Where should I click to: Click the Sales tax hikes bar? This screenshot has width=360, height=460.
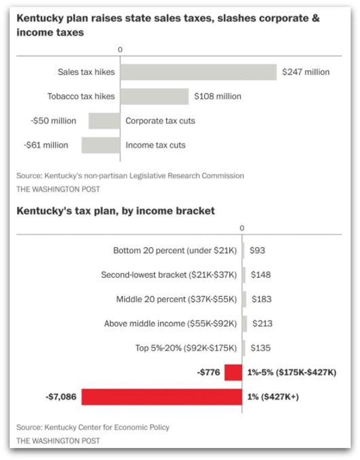(x=198, y=72)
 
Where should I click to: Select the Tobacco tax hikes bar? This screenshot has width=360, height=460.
(x=154, y=96)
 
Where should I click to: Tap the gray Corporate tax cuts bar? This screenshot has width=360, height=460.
(x=104, y=121)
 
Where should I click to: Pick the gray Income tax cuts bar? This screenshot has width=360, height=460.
(x=101, y=145)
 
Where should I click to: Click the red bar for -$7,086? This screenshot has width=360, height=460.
(x=162, y=397)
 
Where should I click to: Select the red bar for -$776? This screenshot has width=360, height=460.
(x=233, y=372)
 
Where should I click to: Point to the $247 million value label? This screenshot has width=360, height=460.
(x=306, y=72)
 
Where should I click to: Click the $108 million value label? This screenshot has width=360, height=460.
(x=217, y=96)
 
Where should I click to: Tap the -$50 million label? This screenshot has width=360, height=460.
(x=53, y=121)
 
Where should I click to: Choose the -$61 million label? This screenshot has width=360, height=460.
(x=46, y=145)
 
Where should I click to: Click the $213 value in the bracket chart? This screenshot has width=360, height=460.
(x=262, y=324)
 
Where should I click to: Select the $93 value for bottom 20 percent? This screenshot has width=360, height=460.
(x=257, y=251)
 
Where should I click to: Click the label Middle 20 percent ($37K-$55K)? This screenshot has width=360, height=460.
(x=176, y=299)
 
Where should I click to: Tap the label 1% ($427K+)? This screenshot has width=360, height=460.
(x=273, y=397)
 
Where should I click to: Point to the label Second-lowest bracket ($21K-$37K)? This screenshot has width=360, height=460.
(x=169, y=275)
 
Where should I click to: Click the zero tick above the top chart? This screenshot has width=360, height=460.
(x=120, y=50)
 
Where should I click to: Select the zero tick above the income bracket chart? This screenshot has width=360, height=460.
(x=242, y=228)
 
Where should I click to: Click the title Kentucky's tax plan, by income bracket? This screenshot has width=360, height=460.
(x=116, y=211)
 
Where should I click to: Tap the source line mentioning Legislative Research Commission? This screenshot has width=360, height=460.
(x=130, y=176)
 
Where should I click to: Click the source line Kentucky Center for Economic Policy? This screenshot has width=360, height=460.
(x=93, y=428)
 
